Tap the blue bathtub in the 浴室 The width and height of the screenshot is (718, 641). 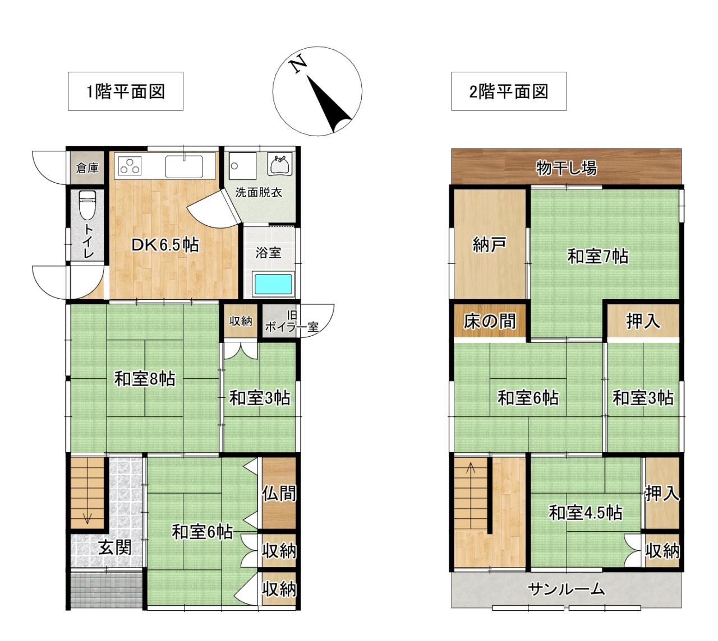(273, 284)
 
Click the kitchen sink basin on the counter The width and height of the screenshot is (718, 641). (184, 166)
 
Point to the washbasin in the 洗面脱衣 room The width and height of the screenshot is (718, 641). (281, 165)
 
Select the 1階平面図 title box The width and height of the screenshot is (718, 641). (126, 91)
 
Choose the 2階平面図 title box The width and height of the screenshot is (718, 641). (509, 91)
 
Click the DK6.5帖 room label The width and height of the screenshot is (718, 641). (165, 245)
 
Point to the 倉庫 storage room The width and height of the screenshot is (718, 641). (87, 168)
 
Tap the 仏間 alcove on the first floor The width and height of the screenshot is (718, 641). (279, 493)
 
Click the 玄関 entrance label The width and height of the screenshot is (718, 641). (115, 547)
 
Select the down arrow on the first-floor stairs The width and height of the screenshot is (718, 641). (88, 518)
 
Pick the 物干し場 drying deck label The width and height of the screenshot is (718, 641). (567, 168)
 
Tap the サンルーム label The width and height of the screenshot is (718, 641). (567, 589)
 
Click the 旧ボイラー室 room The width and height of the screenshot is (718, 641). (280, 320)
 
